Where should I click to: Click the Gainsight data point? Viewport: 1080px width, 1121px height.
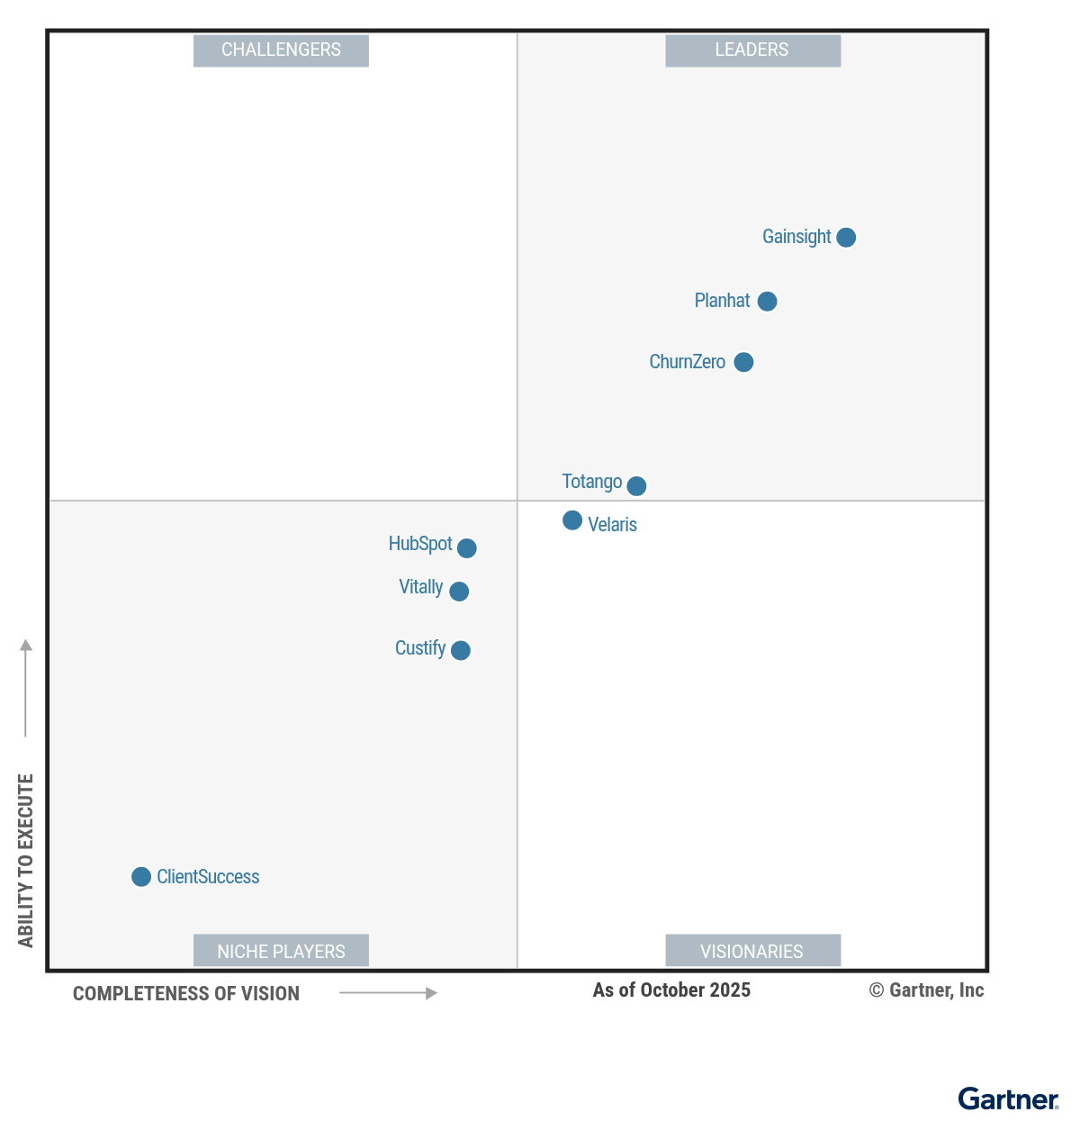pos(846,238)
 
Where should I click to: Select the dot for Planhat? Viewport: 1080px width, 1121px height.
pos(767,302)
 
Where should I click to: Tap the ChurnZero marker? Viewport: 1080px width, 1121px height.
pos(743,362)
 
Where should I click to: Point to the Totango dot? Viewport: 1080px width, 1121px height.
pos(636,486)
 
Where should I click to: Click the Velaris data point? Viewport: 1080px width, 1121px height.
pos(572,520)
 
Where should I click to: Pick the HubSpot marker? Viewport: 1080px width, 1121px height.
pos(466,548)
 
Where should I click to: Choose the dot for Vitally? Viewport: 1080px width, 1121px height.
pos(459,592)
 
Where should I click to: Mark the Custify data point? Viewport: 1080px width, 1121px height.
pos(460,650)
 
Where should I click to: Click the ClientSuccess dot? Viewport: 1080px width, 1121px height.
pos(141,877)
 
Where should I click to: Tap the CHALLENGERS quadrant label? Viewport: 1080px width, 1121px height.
pos(281,50)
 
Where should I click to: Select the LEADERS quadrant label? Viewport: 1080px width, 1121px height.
pos(752,50)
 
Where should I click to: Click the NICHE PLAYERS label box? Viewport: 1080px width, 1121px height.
pos(281,951)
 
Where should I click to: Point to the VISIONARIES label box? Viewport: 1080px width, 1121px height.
pos(752,951)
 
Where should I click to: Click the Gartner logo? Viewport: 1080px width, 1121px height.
pos(1008,1099)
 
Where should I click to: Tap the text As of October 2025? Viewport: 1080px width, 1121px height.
pos(671,990)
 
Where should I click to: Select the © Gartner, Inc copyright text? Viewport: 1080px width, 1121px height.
pos(926,990)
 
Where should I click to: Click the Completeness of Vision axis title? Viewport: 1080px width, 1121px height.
pos(186,994)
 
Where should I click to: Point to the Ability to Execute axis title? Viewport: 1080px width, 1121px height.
pos(26,860)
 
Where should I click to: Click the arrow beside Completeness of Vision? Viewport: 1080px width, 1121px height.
pos(388,993)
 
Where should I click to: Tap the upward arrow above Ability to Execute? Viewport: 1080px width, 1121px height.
pos(26,687)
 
